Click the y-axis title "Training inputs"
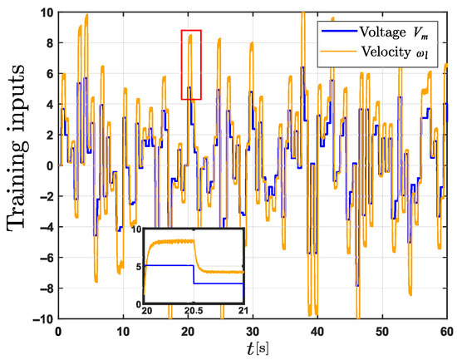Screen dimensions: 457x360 [x=17, y=148]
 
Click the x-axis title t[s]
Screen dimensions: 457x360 [x=258, y=349]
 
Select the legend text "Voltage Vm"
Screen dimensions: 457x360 [x=394, y=32]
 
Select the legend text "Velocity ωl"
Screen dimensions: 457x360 [x=395, y=52]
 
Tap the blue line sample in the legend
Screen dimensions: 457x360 [x=339, y=31]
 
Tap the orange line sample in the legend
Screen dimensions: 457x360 [x=339, y=51]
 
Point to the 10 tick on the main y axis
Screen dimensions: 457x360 [x=47, y=12]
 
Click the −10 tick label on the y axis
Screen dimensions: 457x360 [x=43, y=319]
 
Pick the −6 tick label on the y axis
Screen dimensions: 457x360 [x=47, y=258]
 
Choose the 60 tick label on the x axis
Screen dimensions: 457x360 [x=446, y=332]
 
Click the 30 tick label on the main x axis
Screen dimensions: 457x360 [x=253, y=332]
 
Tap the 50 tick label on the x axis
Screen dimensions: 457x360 [x=382, y=332]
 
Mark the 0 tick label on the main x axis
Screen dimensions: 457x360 [x=59, y=332]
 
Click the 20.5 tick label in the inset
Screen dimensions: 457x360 [x=194, y=310]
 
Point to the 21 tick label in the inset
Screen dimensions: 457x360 [x=243, y=310]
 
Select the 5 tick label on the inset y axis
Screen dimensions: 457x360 [x=140, y=267]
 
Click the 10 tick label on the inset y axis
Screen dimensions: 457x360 [x=135, y=229]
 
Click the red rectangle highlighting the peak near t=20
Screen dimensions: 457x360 [x=191, y=30]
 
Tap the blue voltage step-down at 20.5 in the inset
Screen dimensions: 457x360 [x=194, y=274]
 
